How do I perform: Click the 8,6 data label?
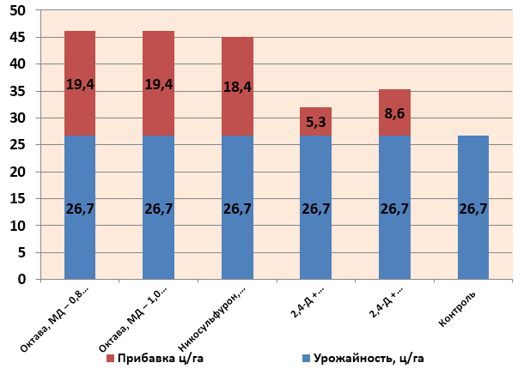[394, 112]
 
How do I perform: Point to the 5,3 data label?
[315, 123]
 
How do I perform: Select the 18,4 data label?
[237, 87]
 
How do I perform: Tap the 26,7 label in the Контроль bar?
[473, 209]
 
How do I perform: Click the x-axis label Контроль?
[457, 309]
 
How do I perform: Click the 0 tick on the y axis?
[24, 280]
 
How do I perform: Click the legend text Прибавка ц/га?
[158, 356]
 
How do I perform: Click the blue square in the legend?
[307, 356]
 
